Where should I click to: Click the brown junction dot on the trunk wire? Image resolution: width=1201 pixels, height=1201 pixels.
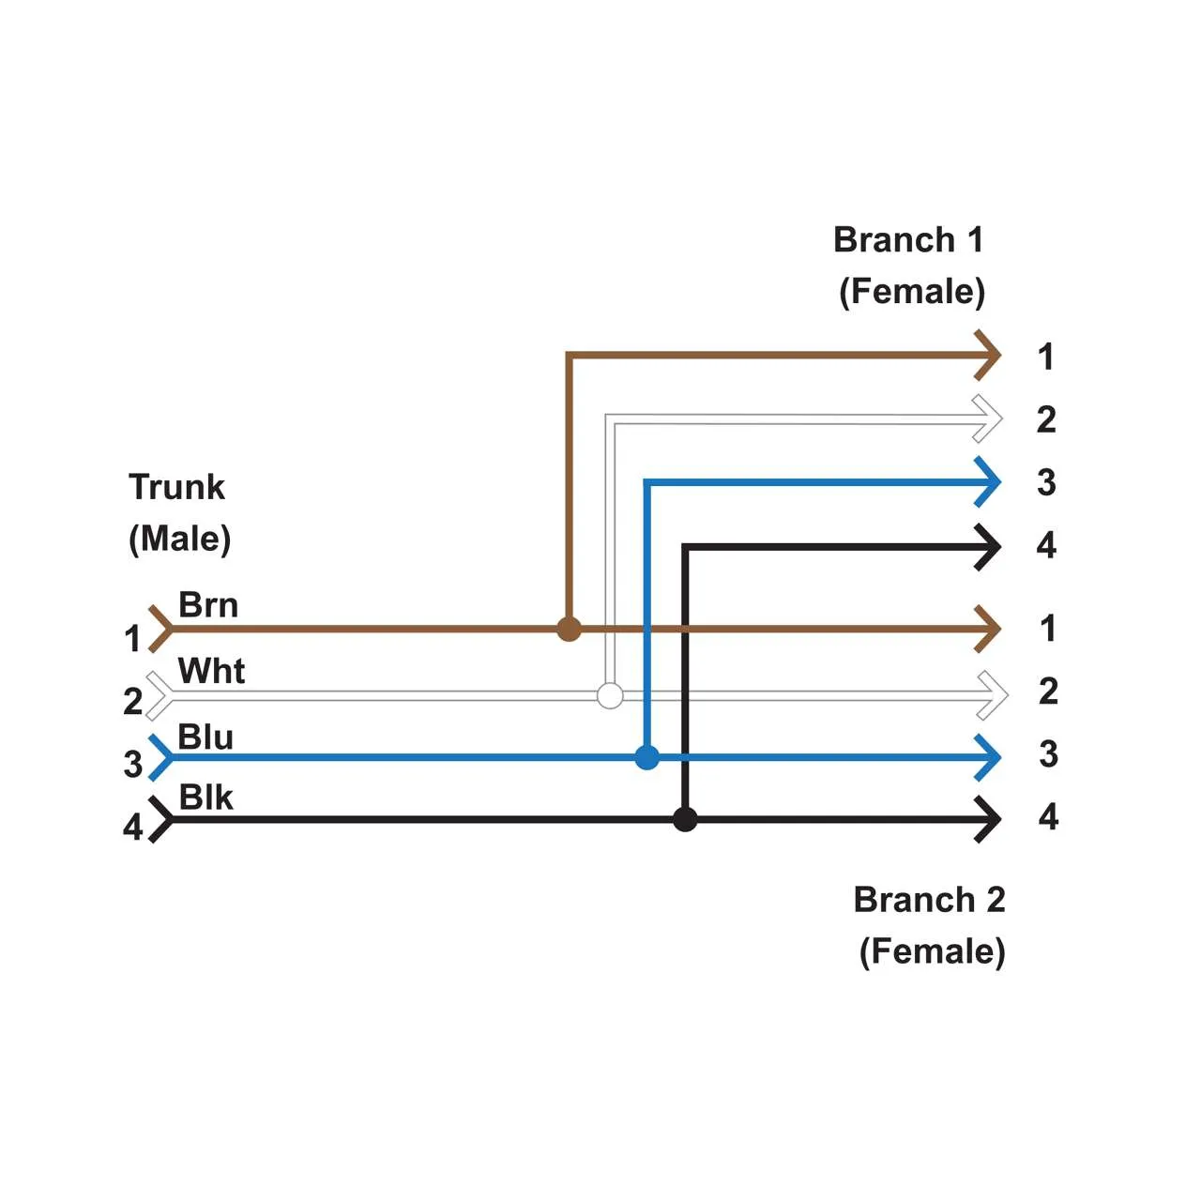click(569, 629)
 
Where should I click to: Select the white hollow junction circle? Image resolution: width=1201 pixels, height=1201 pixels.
click(610, 695)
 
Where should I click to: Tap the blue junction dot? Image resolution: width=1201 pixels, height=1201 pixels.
click(646, 757)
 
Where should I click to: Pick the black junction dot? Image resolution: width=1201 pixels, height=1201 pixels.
click(685, 819)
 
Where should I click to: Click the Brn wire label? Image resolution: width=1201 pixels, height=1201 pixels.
click(208, 605)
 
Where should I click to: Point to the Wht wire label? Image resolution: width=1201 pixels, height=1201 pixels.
click(211, 671)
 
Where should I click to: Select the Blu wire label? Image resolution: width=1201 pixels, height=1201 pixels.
click(205, 737)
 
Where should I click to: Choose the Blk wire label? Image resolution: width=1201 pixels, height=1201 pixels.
click(205, 798)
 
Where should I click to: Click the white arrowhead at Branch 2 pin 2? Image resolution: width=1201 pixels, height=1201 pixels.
click(993, 695)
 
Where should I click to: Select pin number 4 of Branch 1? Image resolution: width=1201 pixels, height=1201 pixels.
click(1046, 545)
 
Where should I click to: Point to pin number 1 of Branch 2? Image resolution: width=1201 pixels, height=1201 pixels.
click(1048, 629)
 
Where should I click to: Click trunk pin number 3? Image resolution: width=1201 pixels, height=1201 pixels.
click(133, 764)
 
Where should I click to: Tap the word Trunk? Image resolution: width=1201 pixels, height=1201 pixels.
click(176, 488)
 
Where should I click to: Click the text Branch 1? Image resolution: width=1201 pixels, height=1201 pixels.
click(908, 240)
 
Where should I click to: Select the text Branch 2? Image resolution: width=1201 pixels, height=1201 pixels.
click(929, 900)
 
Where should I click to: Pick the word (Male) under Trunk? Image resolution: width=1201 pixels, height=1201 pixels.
click(179, 540)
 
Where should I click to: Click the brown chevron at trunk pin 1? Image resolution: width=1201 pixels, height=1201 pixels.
click(160, 629)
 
